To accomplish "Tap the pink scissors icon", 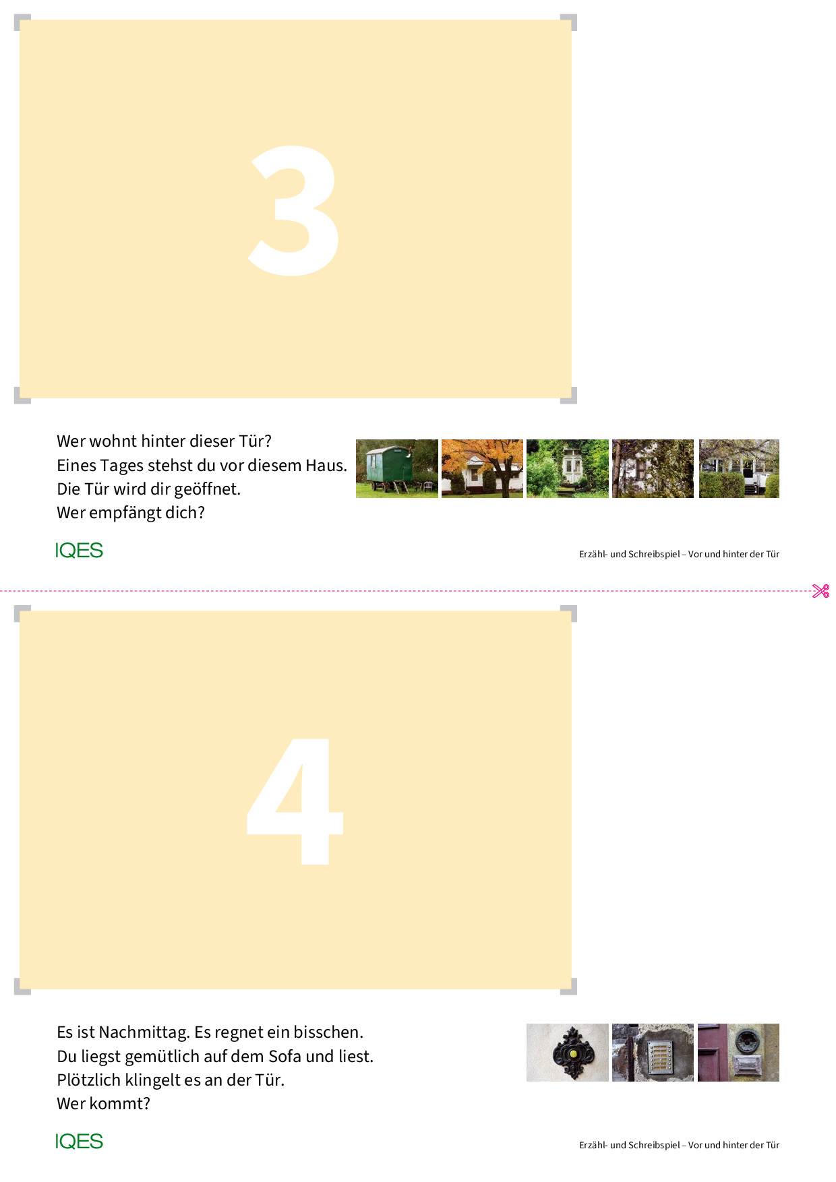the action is coord(820,591).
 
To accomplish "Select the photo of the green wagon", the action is coord(396,468).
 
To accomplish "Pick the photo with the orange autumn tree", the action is coord(482,468).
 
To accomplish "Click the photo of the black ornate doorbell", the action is coord(567,1053).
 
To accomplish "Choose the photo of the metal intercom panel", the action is coord(653,1053).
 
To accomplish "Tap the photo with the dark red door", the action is coord(738,1053).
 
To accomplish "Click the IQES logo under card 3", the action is coord(79,551).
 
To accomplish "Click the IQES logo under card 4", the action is coord(79,1142).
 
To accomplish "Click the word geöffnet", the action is coord(207,489).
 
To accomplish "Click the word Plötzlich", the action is coord(89,1080).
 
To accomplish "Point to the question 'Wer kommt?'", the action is coord(103,1104).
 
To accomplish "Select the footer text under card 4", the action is coord(679,1145).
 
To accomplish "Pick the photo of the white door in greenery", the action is coord(567,468).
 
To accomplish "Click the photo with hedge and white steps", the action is coord(738,468).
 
